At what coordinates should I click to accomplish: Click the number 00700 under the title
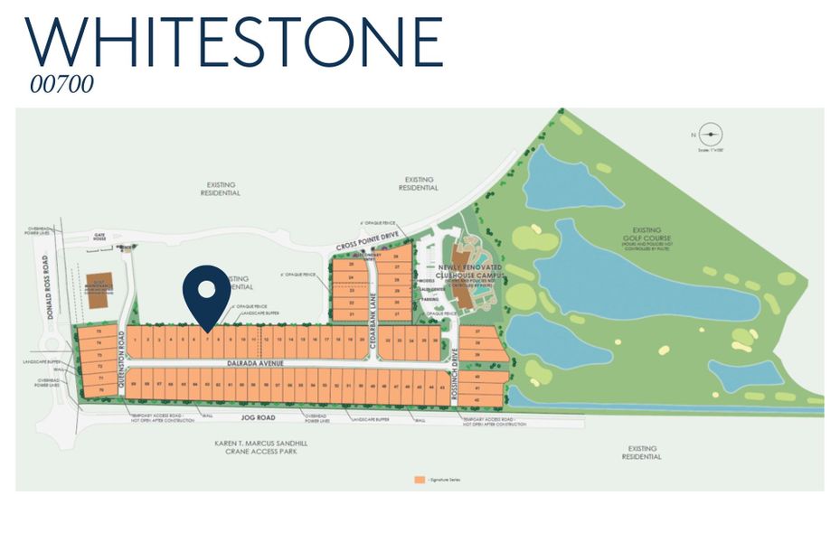[x=61, y=84]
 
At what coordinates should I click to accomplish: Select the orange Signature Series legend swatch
[x=418, y=479]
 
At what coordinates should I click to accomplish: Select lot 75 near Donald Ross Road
[x=98, y=332]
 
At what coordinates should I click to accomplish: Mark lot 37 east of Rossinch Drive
[x=477, y=332]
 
